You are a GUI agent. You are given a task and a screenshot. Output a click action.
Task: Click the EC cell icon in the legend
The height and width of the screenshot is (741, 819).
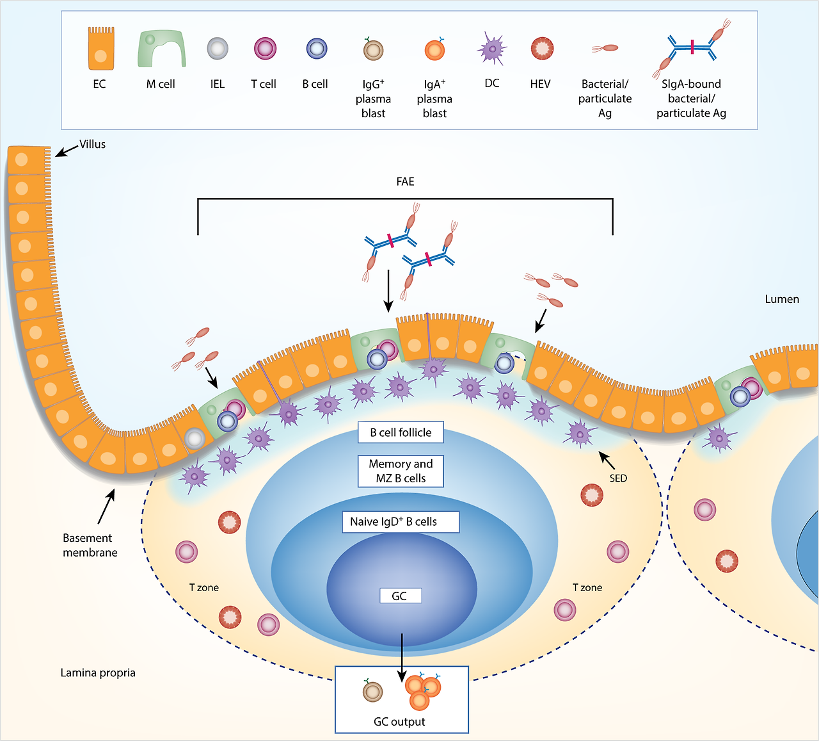tap(101, 49)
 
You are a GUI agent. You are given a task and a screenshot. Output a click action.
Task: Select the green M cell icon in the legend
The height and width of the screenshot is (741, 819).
tap(161, 49)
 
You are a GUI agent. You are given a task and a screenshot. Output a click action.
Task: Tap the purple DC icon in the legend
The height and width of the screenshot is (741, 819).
tap(492, 49)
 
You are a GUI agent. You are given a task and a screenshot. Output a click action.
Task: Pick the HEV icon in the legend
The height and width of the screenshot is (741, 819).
tap(542, 49)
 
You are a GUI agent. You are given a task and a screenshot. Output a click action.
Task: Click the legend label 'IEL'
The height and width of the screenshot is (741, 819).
tap(218, 84)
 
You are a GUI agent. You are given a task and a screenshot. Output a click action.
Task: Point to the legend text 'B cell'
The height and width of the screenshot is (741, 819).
tap(315, 84)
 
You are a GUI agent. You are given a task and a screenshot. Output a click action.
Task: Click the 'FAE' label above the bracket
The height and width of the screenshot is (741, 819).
tap(406, 182)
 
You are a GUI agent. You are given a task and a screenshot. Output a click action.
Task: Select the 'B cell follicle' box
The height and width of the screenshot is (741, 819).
tap(401, 433)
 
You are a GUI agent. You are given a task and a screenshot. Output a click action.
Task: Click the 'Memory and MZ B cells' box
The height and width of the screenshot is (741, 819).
tap(401, 471)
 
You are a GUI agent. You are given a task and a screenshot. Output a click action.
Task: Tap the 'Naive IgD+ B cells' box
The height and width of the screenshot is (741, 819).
tap(400, 522)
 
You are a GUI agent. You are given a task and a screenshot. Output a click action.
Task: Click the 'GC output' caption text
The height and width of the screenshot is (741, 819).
tap(399, 722)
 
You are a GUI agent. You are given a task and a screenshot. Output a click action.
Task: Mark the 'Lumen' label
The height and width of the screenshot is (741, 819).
tap(782, 299)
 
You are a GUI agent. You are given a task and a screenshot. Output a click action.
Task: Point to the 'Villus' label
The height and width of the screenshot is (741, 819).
tap(93, 144)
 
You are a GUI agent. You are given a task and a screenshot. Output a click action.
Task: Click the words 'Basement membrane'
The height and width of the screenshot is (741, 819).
tap(90, 545)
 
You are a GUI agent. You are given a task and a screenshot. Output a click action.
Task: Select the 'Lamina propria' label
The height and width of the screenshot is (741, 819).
tap(98, 672)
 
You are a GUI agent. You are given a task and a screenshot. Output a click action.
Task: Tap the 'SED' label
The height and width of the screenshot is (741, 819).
tap(618, 478)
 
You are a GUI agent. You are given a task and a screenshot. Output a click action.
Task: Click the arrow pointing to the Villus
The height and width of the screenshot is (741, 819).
tap(66, 150)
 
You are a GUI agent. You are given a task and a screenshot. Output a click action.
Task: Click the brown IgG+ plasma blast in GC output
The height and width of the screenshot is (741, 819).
tap(372, 691)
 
